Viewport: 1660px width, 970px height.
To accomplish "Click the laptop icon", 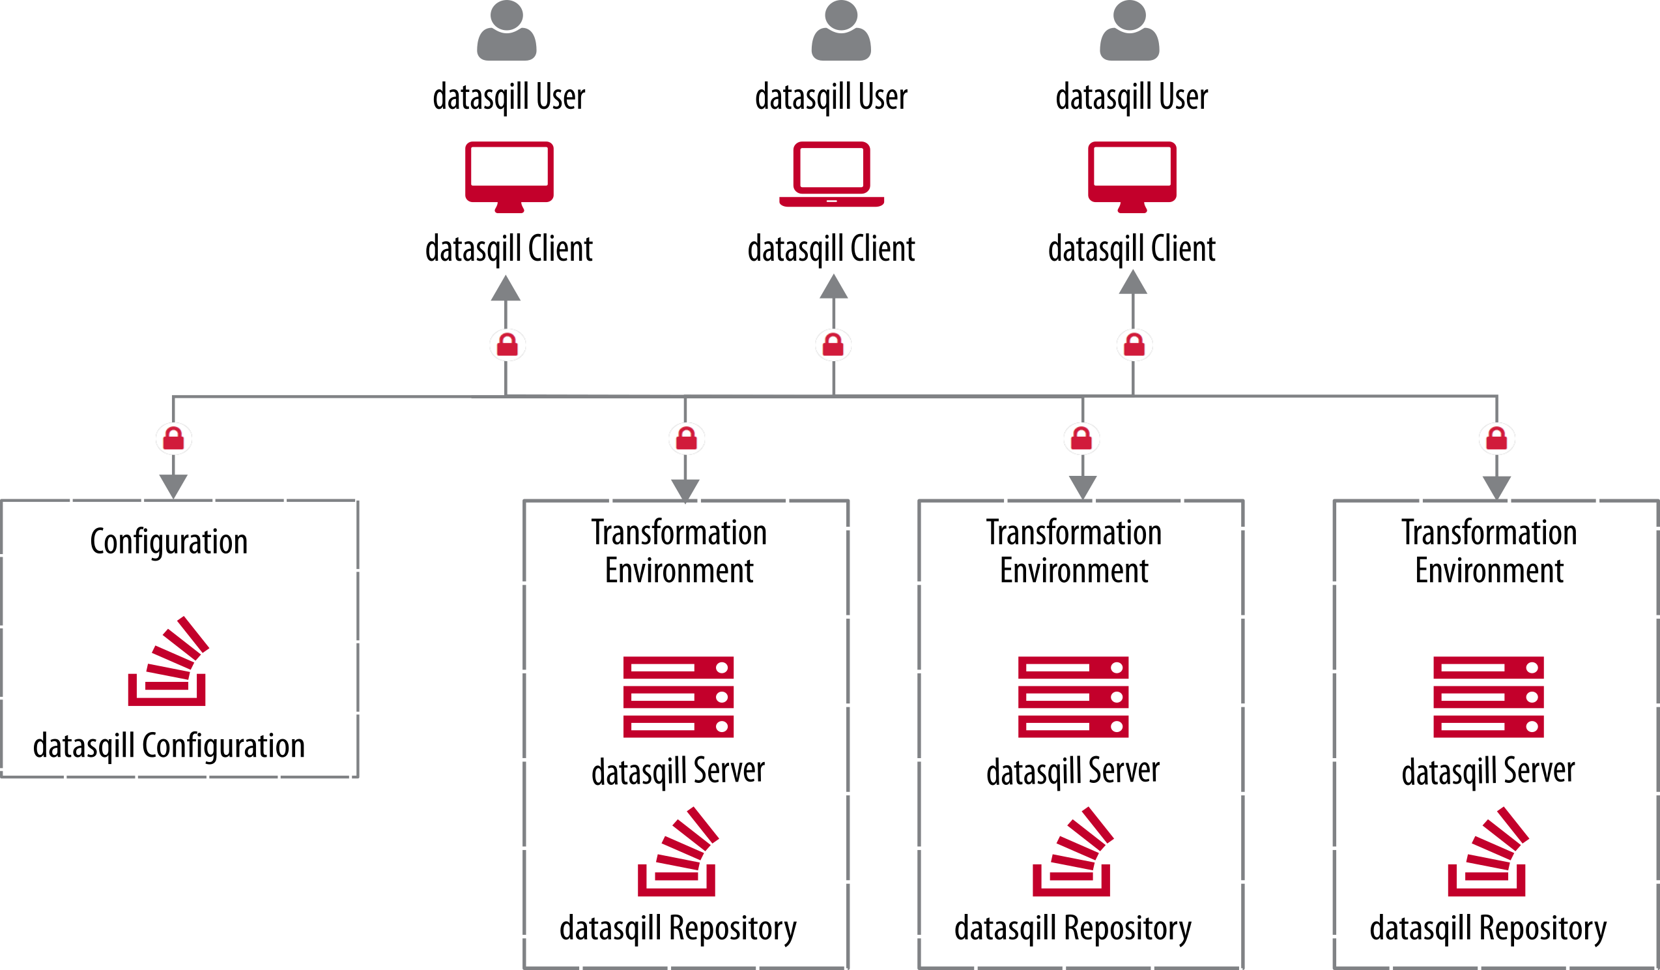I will coord(831,174).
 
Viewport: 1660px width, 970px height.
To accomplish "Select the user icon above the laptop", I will coord(840,31).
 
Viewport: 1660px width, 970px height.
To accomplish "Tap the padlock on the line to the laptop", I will coord(833,345).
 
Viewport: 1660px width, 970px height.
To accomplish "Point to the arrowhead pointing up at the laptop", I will coord(833,287).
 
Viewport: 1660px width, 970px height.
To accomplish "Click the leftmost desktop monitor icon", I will coord(509,176).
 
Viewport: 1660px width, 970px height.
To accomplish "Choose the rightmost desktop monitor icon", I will coord(1132,176).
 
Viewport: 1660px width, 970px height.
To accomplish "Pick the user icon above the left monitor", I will coord(507,31).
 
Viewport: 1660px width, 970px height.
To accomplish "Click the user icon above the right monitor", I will coord(1129,31).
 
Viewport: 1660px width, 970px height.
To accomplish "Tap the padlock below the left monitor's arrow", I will coord(508,345).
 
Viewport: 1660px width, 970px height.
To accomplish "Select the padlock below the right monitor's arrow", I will coord(1134,345).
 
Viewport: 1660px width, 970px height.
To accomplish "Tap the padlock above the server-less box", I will coord(173,439).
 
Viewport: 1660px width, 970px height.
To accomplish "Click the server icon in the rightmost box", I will coord(1488,696).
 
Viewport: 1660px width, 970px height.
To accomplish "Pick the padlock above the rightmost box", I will coord(1496,439).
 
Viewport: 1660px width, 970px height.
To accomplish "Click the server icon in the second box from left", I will coord(678,696).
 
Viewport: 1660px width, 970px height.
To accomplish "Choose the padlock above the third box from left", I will coord(1081,439).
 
